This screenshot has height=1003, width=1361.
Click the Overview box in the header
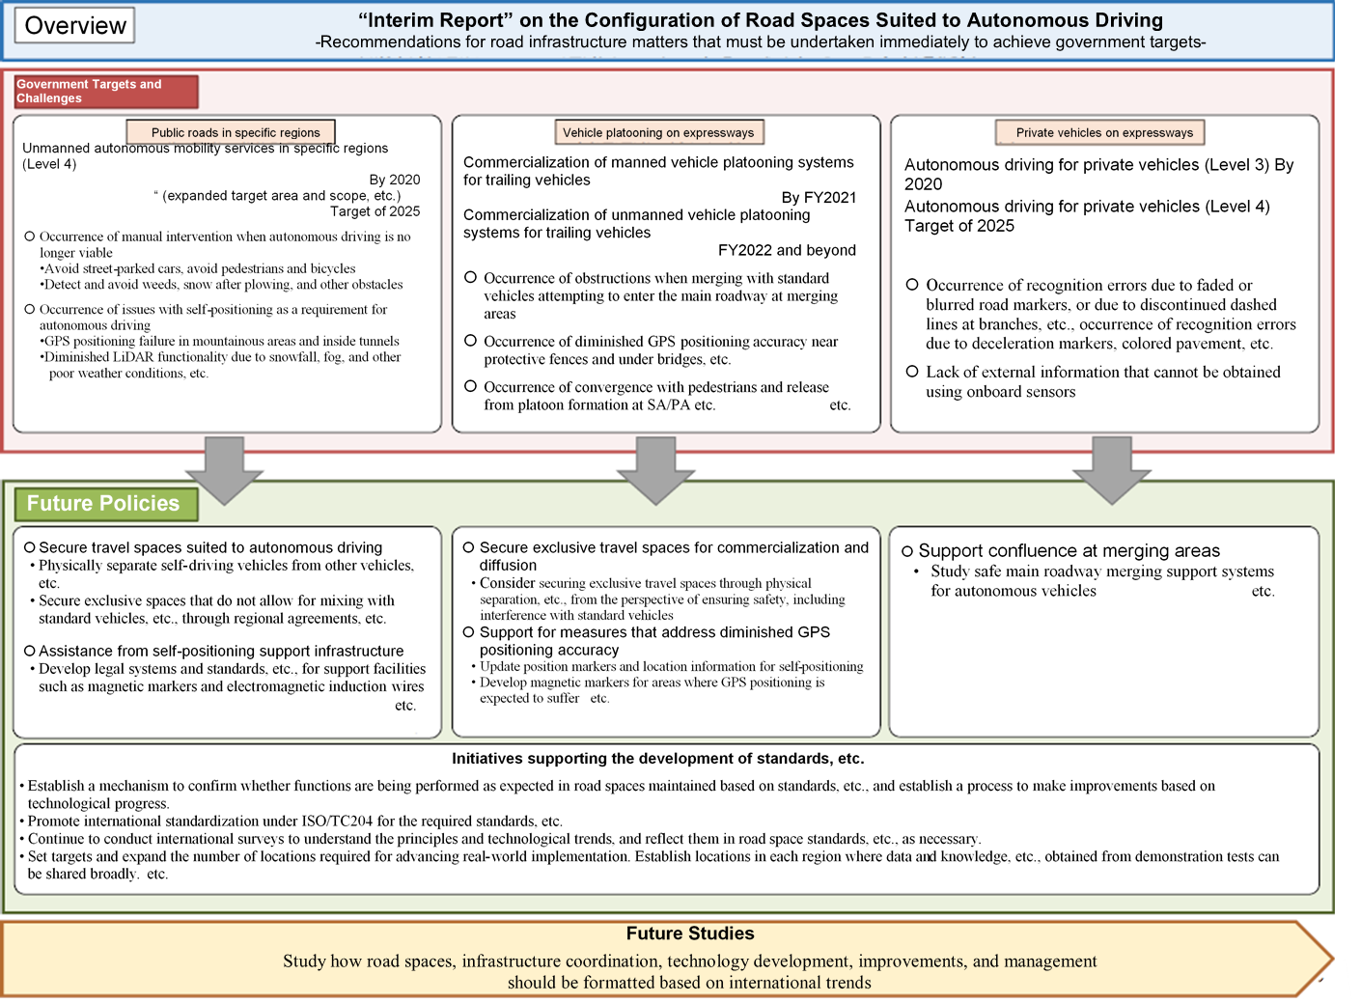click(x=75, y=25)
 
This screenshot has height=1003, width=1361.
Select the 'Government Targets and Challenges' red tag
click(x=106, y=92)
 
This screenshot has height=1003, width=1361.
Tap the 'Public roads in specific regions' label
click(x=232, y=132)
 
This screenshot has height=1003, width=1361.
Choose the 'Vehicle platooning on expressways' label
click(x=658, y=132)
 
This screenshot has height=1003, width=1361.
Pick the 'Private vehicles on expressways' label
click(x=1099, y=132)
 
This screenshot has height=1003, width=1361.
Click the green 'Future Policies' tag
click(x=105, y=504)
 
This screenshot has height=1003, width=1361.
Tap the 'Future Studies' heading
click(x=690, y=933)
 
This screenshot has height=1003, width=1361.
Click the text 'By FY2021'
click(x=819, y=198)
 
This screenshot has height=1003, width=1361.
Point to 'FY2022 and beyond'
click(x=787, y=250)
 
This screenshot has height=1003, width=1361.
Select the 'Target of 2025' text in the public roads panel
click(x=375, y=211)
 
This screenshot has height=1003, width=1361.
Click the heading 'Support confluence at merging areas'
click(x=1069, y=551)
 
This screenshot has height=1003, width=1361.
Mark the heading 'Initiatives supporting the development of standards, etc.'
click(x=657, y=759)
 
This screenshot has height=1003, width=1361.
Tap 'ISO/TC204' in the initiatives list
click(x=339, y=822)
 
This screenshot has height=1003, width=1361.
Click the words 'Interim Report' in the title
click(x=434, y=20)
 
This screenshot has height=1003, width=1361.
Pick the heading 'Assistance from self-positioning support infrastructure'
click(x=221, y=652)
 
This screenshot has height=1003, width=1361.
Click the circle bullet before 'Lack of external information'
click(x=912, y=372)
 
